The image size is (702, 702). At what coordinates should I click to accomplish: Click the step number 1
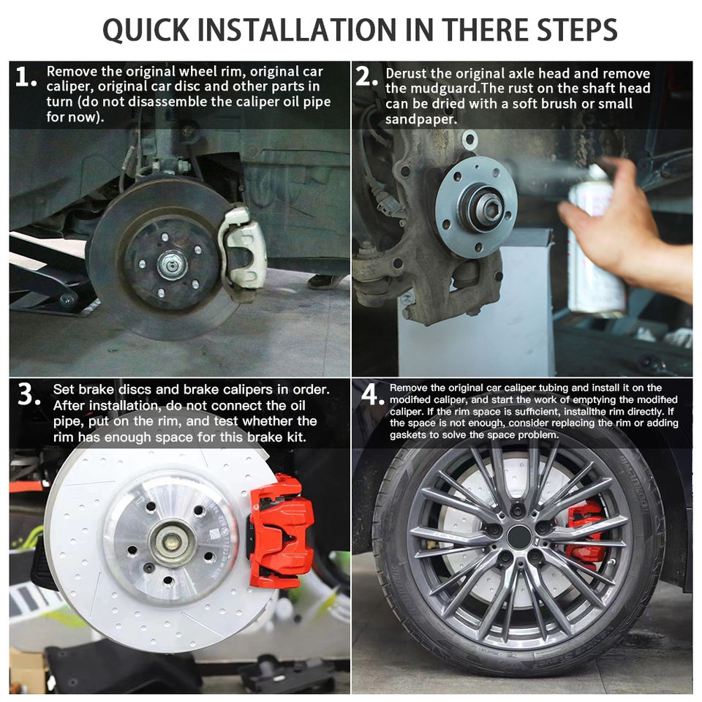point(25,76)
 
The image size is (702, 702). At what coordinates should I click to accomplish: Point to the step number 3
point(29,394)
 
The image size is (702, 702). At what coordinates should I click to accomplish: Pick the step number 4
point(372,394)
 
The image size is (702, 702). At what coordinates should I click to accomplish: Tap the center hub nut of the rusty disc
point(172,265)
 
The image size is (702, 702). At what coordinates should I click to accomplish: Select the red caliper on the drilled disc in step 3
point(280,531)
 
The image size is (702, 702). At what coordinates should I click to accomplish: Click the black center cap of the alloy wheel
point(519,537)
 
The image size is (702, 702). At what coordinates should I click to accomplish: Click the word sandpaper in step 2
point(421,119)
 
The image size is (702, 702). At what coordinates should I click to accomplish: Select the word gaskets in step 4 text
point(407,434)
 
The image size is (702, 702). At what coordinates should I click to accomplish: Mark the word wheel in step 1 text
point(198,71)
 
